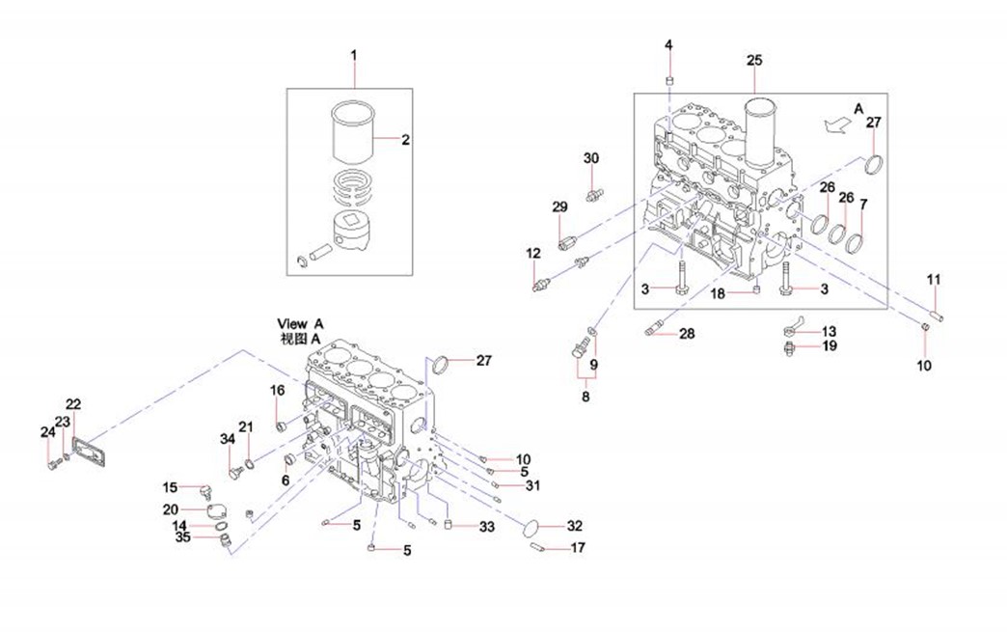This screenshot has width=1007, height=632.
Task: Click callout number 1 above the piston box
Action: (x=353, y=55)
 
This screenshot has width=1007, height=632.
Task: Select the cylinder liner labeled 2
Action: (x=352, y=136)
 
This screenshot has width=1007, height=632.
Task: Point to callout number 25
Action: (x=754, y=60)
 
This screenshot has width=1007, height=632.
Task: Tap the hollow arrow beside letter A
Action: (x=835, y=123)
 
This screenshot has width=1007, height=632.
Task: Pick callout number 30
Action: (x=591, y=157)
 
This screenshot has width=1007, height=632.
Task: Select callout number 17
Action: (x=578, y=547)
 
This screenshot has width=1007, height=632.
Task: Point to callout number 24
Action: (x=48, y=432)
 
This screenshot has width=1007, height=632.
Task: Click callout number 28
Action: (x=686, y=334)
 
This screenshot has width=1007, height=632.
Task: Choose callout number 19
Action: (x=830, y=345)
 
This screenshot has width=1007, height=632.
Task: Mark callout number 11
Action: (x=933, y=280)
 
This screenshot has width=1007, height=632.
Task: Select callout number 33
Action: (x=486, y=527)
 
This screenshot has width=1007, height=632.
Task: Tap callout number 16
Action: (x=277, y=390)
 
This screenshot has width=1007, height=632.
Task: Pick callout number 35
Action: (x=183, y=538)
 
